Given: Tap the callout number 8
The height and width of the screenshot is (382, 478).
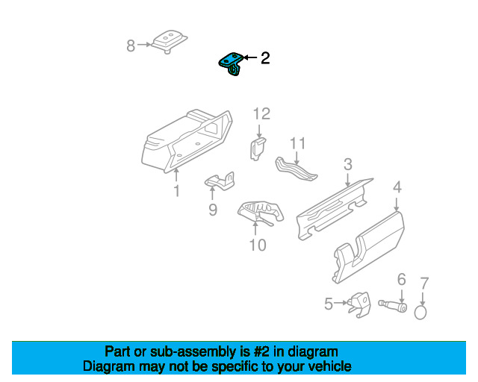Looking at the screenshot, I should point(131,46).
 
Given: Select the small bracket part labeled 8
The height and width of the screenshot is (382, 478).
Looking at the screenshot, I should point(168,41).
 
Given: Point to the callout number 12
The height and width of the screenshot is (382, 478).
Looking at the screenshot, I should point(261,114).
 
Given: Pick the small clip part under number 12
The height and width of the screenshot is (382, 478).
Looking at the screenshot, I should point(258,146).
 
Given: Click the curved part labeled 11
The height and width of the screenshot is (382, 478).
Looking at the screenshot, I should point(296,169).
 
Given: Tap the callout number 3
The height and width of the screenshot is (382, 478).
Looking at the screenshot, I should point(348,165).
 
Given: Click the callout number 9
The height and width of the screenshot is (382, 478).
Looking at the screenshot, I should point(213,210).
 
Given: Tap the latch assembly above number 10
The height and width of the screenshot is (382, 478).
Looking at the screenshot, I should point(260,211).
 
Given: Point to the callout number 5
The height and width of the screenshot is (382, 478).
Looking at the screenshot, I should point(329,304).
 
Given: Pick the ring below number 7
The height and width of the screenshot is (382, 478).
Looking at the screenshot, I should point(422,310).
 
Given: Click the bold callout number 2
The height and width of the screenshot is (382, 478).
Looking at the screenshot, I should point(264,57).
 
